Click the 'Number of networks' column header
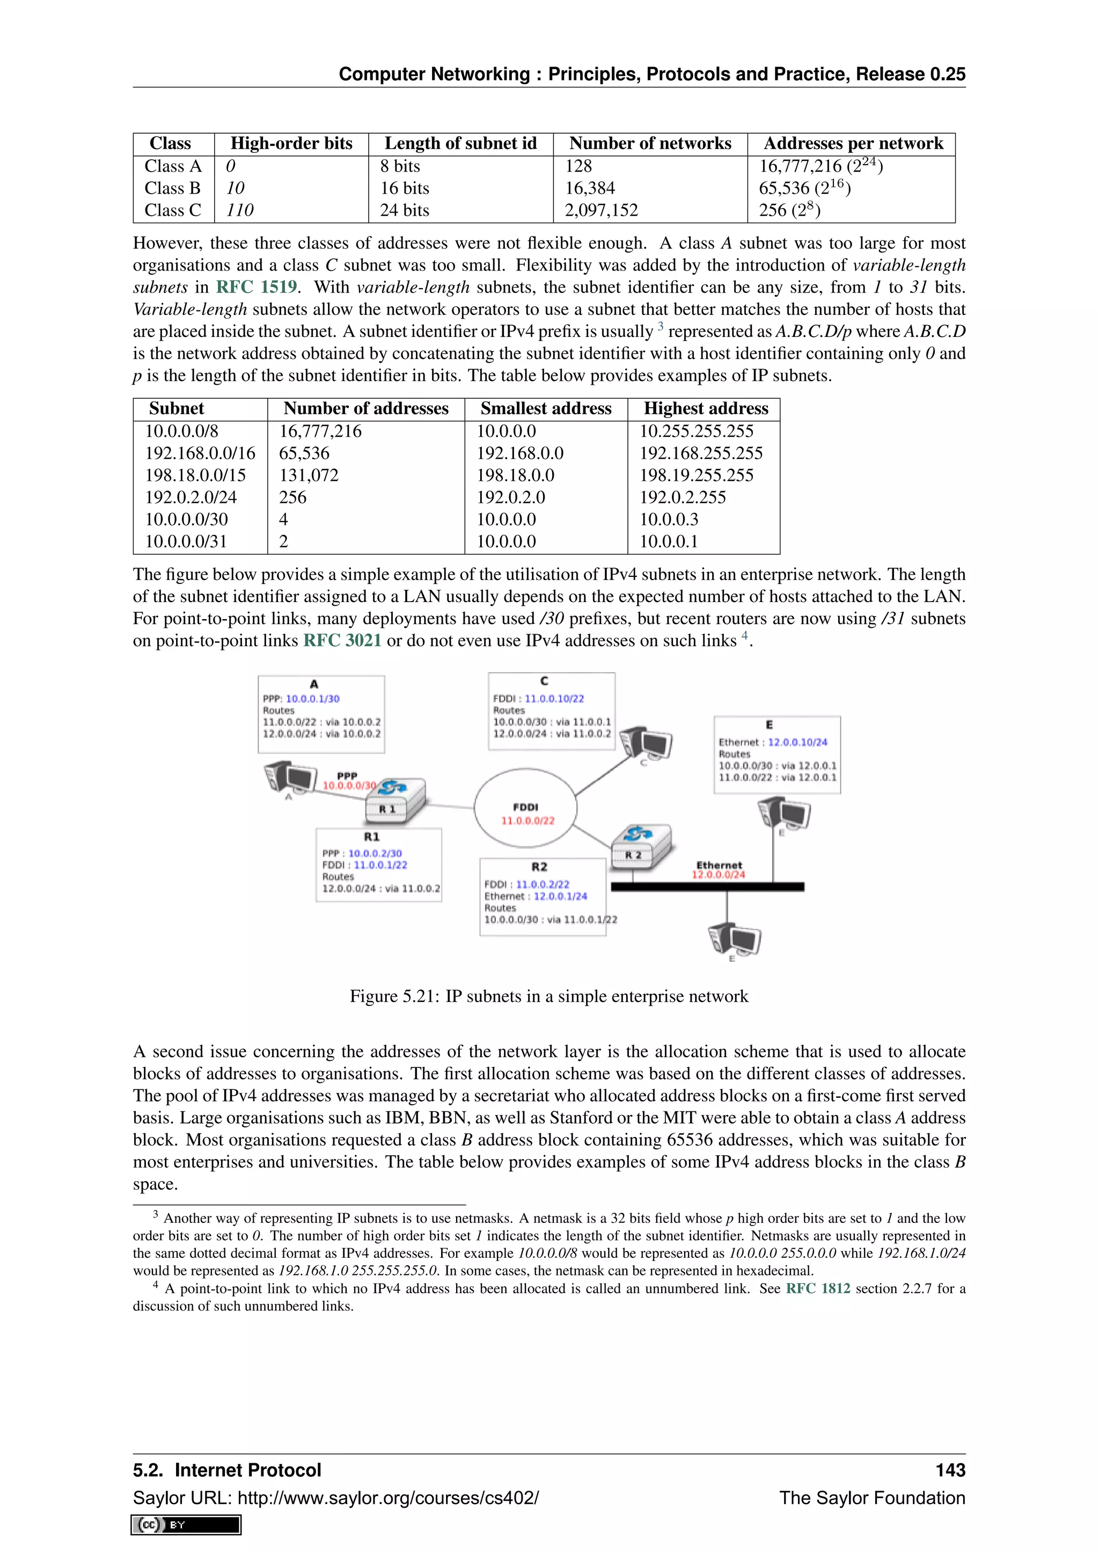click(650, 143)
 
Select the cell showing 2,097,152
click(602, 210)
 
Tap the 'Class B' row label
click(173, 188)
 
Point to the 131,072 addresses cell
click(309, 475)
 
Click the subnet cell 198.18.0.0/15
click(195, 475)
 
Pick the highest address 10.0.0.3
click(669, 519)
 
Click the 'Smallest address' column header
click(545, 409)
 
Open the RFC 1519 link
click(257, 287)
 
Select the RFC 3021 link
click(342, 640)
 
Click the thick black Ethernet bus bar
click(707, 886)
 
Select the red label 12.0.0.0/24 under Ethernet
click(718, 875)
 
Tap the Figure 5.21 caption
click(549, 996)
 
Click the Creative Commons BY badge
click(186, 1524)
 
